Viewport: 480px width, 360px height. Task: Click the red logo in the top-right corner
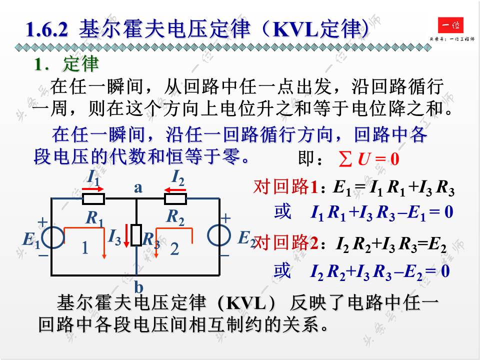[450, 24]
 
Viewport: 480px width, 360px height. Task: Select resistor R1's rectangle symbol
[93, 199]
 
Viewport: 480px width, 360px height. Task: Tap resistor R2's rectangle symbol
[175, 199]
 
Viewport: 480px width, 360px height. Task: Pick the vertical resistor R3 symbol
[136, 235]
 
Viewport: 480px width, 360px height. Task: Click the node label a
[138, 187]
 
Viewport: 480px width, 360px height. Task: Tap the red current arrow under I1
[93, 189]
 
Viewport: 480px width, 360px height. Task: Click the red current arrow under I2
[175, 189]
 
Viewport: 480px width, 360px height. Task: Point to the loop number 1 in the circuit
[85, 248]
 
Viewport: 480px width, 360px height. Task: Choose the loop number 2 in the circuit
[174, 248]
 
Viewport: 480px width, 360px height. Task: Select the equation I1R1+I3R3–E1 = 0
[381, 212]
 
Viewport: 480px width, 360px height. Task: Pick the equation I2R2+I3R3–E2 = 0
[380, 271]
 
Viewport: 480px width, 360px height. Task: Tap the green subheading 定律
[81, 64]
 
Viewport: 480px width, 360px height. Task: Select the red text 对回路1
[286, 187]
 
